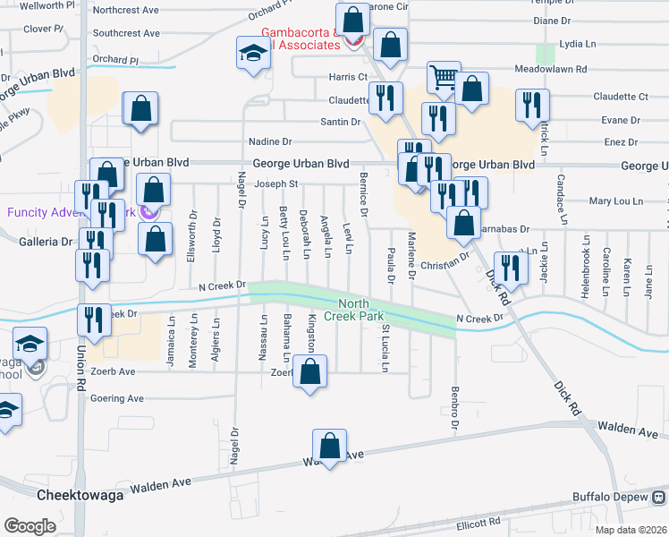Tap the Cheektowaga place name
(74, 495)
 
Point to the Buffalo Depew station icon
(659, 497)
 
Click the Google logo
(30, 525)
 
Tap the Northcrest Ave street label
(125, 11)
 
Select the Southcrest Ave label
(125, 33)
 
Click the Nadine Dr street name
(270, 141)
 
